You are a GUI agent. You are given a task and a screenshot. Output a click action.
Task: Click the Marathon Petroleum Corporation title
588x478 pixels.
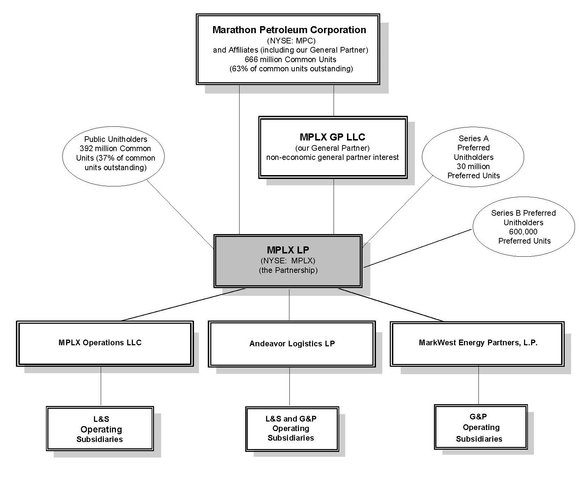click(x=289, y=30)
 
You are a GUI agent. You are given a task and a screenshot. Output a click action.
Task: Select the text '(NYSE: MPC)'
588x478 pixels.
click(x=291, y=41)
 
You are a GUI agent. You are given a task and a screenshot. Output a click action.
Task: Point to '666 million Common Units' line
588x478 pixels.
click(x=290, y=59)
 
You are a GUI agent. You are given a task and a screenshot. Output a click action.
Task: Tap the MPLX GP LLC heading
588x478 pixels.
click(x=332, y=137)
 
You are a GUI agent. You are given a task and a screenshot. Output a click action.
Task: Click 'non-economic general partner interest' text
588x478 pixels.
click(x=332, y=157)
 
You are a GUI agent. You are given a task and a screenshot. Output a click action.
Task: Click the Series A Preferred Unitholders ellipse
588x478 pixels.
click(x=473, y=157)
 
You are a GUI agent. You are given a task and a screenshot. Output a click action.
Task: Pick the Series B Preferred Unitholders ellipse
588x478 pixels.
click(x=524, y=227)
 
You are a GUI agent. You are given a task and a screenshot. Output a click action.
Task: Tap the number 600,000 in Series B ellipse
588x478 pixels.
click(x=523, y=232)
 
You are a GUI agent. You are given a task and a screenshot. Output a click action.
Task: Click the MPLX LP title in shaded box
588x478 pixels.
click(x=288, y=250)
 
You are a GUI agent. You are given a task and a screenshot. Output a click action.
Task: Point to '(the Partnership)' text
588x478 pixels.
click(x=288, y=270)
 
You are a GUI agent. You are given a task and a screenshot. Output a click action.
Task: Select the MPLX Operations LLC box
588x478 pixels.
click(x=105, y=343)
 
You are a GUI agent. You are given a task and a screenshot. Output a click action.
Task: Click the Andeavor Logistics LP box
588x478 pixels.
click(x=292, y=343)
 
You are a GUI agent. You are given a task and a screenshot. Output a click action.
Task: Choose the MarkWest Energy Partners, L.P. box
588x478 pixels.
click(x=477, y=343)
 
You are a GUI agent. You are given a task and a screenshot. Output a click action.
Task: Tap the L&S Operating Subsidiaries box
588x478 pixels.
click(x=100, y=429)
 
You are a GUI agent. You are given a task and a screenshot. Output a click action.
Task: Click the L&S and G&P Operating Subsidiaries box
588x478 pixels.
click(x=292, y=428)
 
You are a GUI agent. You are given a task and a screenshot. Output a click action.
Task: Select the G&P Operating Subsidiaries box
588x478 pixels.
click(x=481, y=427)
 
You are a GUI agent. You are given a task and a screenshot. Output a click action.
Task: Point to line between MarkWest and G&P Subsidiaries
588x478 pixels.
click(x=478, y=385)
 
